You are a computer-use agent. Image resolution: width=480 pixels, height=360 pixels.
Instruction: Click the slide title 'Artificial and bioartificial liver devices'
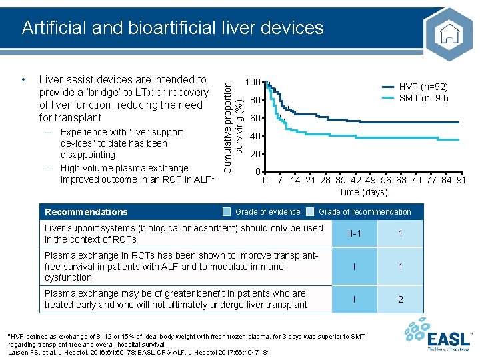point(172,27)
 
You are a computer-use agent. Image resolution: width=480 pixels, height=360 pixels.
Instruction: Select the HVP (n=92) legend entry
point(423,87)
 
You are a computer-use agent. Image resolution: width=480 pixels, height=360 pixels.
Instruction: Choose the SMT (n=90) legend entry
point(423,99)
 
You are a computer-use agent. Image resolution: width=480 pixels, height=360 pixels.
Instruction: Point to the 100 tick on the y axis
point(252,82)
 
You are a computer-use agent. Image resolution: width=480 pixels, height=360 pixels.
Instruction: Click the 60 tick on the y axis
point(254,119)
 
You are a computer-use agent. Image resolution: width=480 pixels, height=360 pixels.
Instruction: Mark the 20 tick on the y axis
point(254,154)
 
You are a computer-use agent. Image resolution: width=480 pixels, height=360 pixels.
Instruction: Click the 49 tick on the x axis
point(370,180)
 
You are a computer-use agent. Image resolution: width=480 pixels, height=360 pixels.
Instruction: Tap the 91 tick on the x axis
point(460,180)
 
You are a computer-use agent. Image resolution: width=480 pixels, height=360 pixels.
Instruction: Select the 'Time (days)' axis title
point(363,192)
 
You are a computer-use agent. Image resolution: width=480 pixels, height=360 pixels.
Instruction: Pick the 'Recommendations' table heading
point(86,212)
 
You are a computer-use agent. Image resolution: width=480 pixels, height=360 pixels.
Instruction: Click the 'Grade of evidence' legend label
point(268,212)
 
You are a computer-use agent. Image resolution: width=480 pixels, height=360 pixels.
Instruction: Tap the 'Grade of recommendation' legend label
point(365,212)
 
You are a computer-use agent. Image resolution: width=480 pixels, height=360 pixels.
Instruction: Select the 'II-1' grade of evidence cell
point(355,234)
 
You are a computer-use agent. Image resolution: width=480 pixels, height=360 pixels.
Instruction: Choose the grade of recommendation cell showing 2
point(401,299)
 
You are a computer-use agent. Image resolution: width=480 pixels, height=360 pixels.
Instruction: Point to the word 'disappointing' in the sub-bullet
point(87,155)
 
